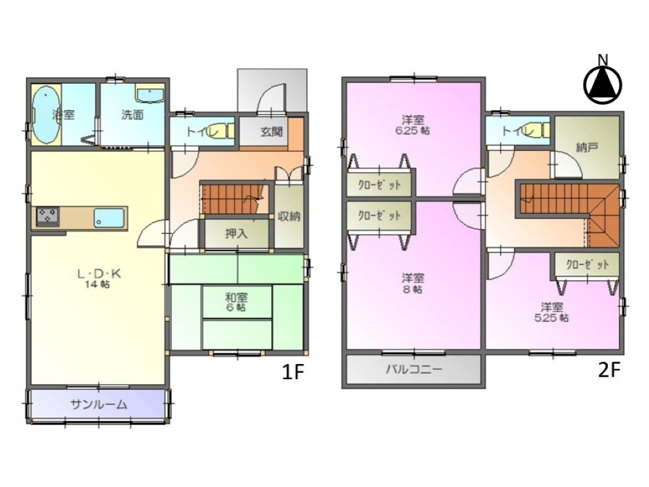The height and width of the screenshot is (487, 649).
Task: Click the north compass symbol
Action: (x=603, y=84)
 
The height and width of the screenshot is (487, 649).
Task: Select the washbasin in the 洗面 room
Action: (x=150, y=95)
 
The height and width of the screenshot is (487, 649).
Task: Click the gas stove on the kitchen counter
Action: (x=47, y=217)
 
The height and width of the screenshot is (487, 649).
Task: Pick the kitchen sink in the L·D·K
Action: (x=109, y=218)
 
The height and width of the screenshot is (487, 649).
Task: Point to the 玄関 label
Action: (x=272, y=132)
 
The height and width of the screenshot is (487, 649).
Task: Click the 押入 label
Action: (x=236, y=233)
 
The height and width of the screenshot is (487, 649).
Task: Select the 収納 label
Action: (x=289, y=216)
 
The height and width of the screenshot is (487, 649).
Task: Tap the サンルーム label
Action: (x=98, y=404)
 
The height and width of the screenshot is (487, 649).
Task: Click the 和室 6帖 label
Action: (x=236, y=302)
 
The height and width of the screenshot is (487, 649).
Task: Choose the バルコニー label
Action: (x=414, y=368)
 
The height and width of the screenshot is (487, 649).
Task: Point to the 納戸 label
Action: (x=587, y=147)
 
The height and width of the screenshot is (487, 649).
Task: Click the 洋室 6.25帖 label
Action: (x=413, y=125)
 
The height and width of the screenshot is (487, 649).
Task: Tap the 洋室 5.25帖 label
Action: (x=552, y=312)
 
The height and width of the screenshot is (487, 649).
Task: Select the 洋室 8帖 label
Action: (x=413, y=283)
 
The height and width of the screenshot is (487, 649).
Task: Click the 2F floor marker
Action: (x=609, y=370)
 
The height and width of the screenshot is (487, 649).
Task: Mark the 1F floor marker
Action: (x=293, y=372)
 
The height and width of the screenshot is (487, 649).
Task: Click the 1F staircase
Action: (x=233, y=198)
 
